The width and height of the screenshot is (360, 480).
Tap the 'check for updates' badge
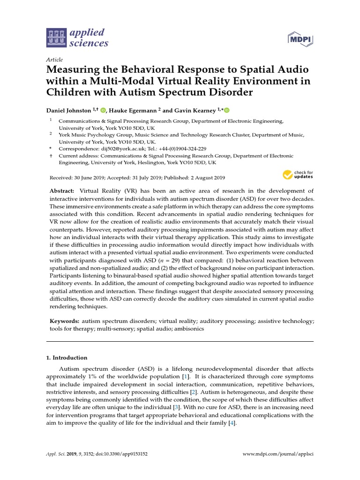pyautogui.click(x=297, y=175)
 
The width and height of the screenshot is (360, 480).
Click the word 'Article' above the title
pyautogui.click(x=54, y=60)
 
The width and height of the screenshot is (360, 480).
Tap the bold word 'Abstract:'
pyautogui.click(x=62, y=191)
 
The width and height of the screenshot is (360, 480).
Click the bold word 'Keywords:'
pyautogui.click(x=65, y=321)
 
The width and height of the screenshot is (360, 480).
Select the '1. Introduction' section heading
pyautogui.click(x=67, y=358)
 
